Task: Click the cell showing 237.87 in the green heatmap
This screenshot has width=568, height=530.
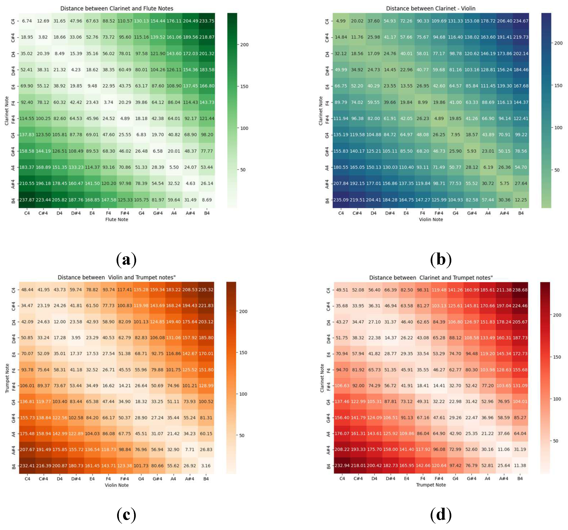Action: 27,200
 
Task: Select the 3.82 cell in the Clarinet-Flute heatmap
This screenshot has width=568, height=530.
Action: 43,37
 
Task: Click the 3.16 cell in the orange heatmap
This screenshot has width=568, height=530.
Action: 206,465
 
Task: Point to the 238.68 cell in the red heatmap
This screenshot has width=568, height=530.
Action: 520,290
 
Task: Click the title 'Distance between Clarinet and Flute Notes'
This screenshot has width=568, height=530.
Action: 117,8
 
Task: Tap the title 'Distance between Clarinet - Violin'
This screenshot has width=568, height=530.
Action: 431,8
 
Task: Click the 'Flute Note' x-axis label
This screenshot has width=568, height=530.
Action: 117,219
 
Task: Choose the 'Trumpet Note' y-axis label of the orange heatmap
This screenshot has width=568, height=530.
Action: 7,378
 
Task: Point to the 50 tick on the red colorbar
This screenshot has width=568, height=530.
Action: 555,441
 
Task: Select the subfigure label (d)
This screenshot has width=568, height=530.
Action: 441,514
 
